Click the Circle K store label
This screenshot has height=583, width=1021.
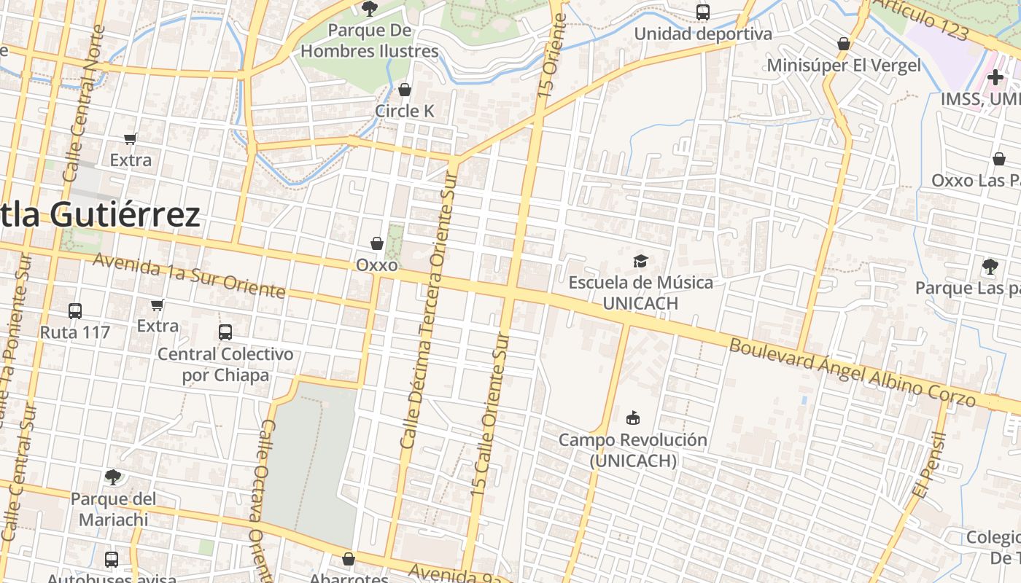click(404, 111)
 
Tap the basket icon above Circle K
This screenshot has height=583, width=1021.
click(405, 90)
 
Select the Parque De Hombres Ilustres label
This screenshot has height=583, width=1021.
click(370, 41)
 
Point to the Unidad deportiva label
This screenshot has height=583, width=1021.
click(702, 34)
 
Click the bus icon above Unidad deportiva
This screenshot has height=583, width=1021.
click(703, 12)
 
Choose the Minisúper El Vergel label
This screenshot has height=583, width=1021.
click(844, 65)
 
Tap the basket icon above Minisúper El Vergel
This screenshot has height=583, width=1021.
click(844, 44)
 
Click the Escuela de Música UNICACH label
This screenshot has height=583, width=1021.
click(641, 292)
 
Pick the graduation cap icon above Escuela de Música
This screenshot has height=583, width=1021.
click(640, 261)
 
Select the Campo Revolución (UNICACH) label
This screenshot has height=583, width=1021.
click(633, 450)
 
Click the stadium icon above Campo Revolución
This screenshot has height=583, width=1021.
click(632, 418)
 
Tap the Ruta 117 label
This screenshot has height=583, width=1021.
click(75, 332)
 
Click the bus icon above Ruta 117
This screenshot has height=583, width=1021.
click(75, 311)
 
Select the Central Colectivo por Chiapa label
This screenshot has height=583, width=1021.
click(225, 364)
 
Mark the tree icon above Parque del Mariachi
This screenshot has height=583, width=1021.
click(113, 477)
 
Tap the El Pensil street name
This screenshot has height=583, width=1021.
click(927, 466)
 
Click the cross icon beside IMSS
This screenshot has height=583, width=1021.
click(995, 77)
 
